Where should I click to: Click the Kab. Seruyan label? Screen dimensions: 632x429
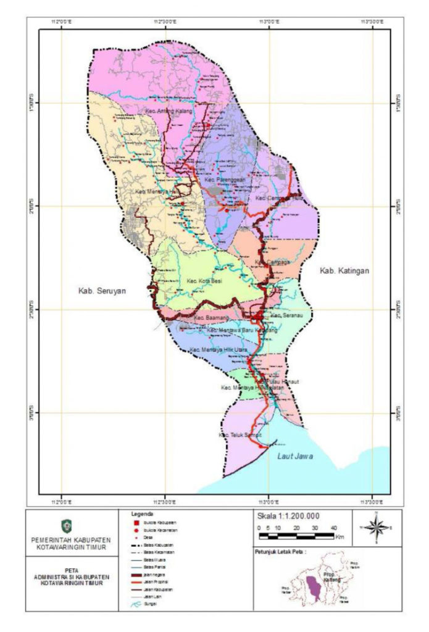[x=101, y=290]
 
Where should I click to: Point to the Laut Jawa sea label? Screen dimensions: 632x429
[x=295, y=457]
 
